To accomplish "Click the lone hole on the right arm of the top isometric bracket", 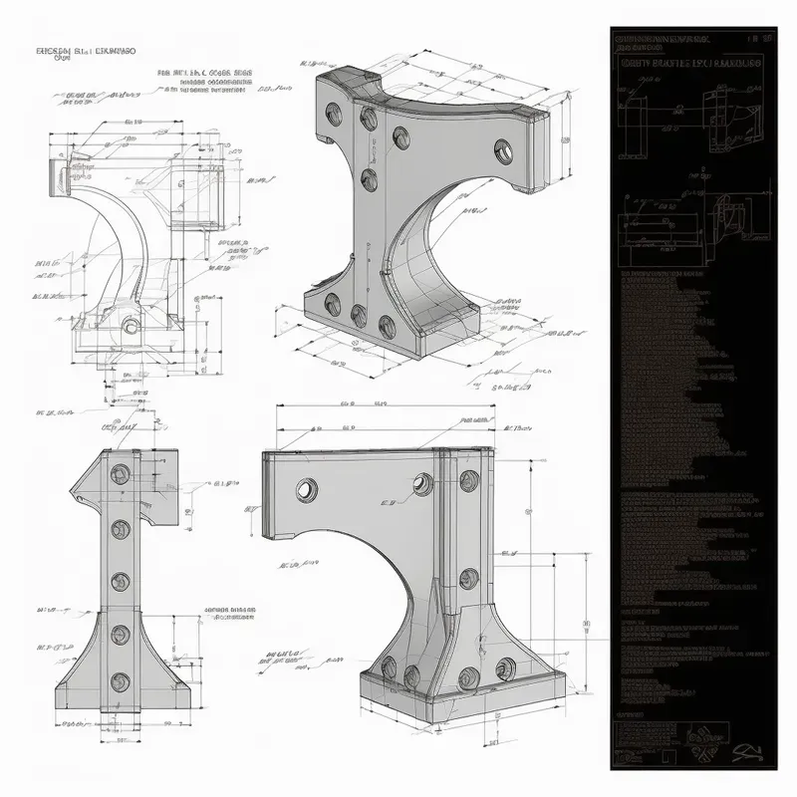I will click(x=500, y=151).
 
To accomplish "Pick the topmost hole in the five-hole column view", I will click(x=121, y=471).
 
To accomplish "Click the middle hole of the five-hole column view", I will click(x=121, y=581).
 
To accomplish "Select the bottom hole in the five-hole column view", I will click(x=121, y=681).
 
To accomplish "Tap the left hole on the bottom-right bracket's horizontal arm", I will click(x=306, y=488).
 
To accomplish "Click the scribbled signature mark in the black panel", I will click(x=742, y=749).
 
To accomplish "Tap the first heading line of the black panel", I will click(x=662, y=38).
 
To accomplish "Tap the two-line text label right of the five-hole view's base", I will click(x=229, y=614).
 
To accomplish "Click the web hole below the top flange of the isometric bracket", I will click(x=369, y=179).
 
